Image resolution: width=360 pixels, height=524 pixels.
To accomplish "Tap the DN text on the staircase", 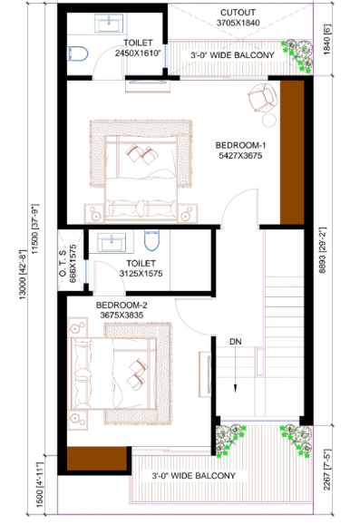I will pos(234,343).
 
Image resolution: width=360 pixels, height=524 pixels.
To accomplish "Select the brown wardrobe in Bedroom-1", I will pos(291,152).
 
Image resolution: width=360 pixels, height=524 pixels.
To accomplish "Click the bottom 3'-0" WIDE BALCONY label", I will pos(193,475).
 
